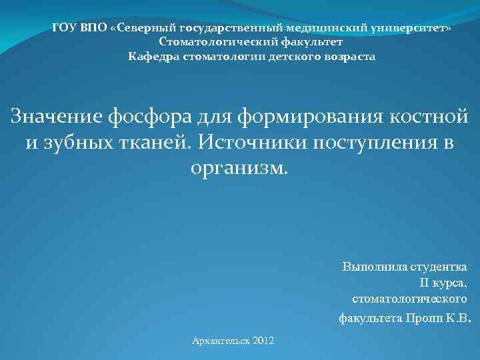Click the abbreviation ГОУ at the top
[64, 29]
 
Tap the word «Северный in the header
[143, 29]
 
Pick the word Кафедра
[153, 57]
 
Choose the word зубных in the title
[79, 142]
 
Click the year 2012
[263, 341]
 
